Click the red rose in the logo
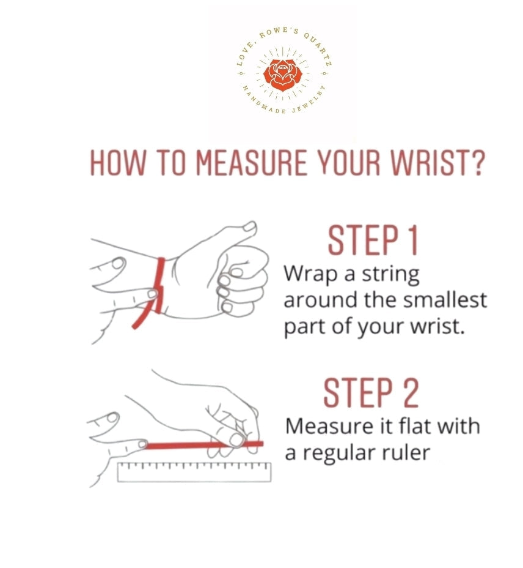(x=282, y=75)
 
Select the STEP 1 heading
(x=373, y=240)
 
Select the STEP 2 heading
(x=371, y=393)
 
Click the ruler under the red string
(x=194, y=472)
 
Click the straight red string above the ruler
(x=203, y=444)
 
